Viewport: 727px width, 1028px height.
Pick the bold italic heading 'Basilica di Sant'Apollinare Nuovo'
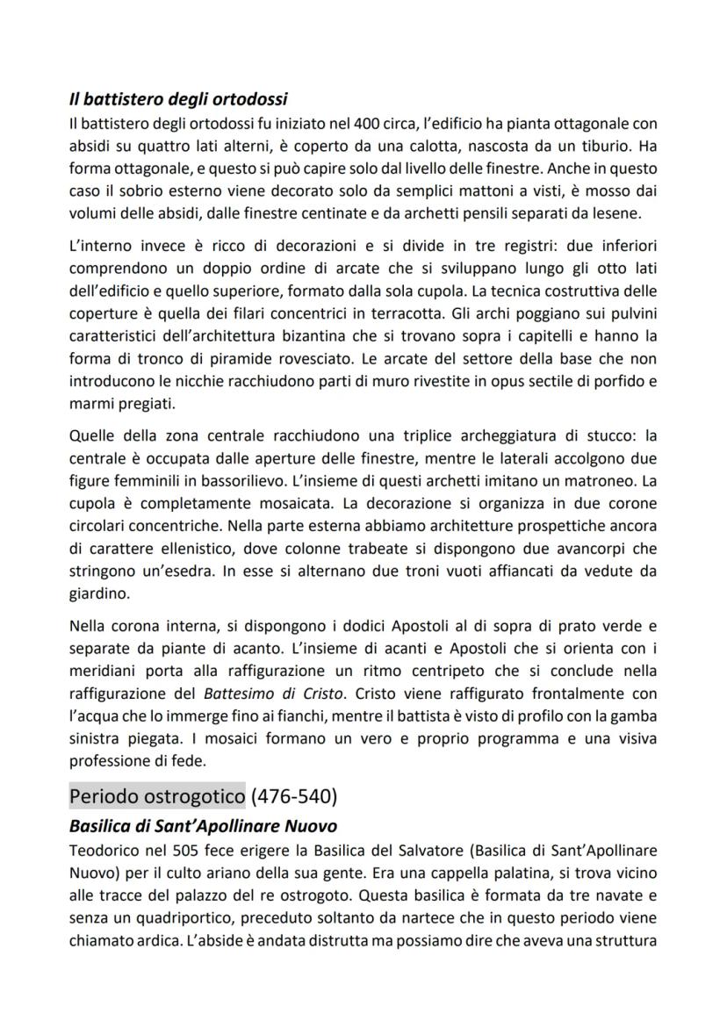pos(203,826)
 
